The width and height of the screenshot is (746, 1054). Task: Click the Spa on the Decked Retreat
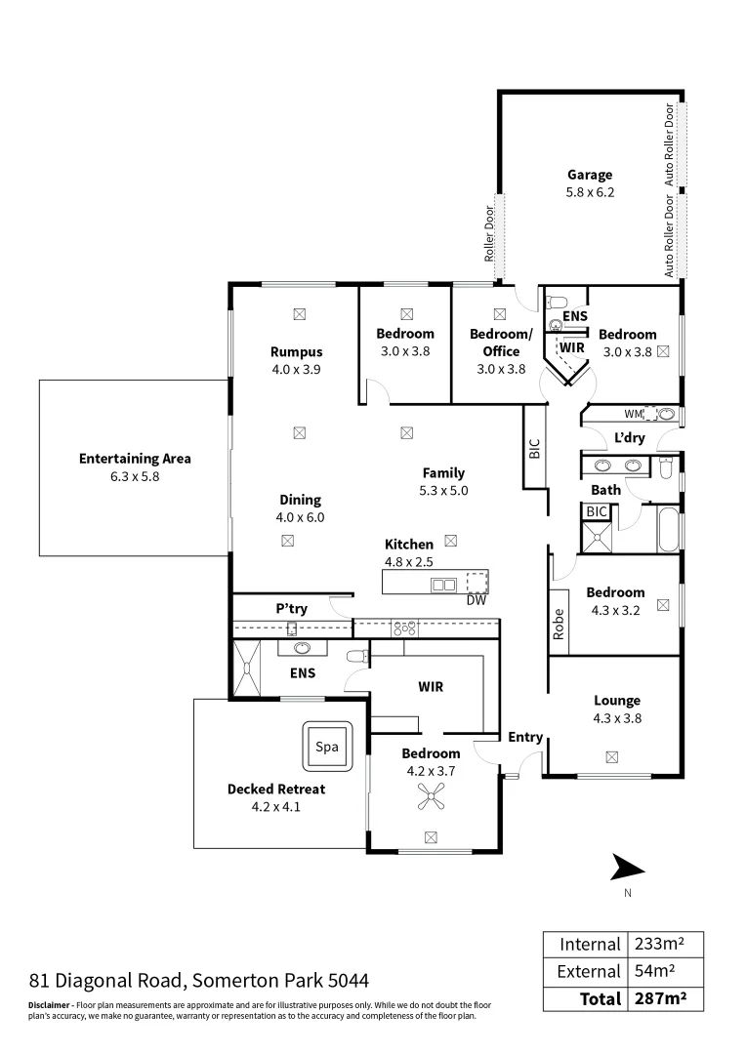coord(327,747)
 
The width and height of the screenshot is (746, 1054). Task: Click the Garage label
coord(590,176)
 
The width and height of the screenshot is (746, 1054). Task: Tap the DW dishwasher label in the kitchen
coord(477,601)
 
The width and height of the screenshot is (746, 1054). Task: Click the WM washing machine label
coord(632,415)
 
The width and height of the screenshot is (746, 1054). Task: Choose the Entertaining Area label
coord(135,459)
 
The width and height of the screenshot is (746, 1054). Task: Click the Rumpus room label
coord(297,352)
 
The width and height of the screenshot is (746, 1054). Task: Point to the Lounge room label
coord(617,700)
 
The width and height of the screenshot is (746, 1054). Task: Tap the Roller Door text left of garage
coord(489,234)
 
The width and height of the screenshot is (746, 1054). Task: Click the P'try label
coord(291,609)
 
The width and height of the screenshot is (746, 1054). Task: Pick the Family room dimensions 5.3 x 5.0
coord(443,490)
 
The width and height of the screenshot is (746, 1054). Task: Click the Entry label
coord(525,738)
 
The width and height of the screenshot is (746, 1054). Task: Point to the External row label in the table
coord(588,971)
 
